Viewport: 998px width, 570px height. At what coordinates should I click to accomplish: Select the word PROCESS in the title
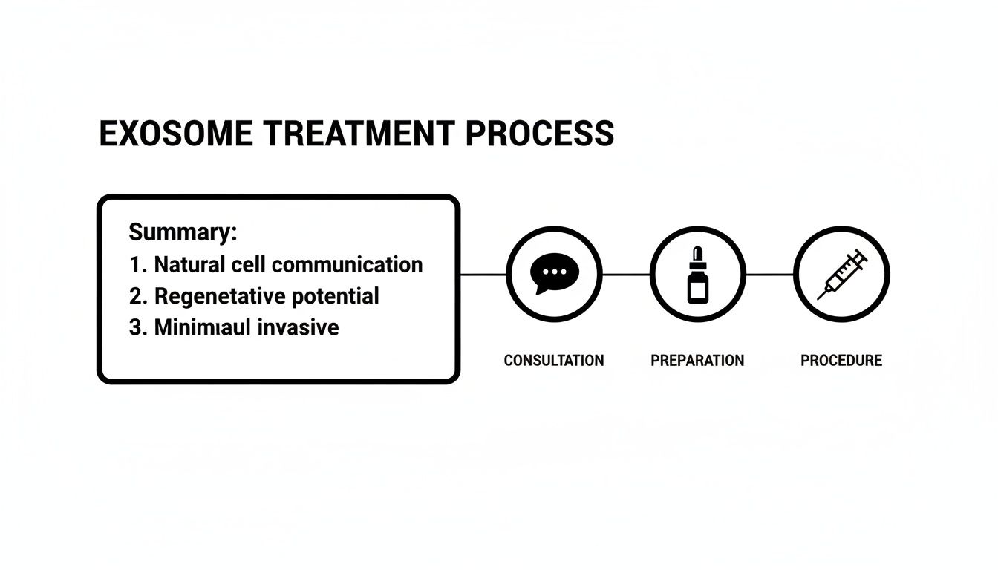(540, 134)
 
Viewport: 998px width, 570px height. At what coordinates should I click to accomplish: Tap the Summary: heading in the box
(183, 232)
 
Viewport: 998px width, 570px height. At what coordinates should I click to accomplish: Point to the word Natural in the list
(197, 264)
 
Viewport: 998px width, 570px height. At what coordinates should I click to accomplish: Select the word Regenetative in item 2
(215, 297)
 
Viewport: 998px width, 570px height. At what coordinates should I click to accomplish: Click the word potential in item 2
(331, 297)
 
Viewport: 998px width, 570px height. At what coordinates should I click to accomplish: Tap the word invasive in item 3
(298, 328)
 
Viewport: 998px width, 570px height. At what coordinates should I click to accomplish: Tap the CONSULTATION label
(553, 361)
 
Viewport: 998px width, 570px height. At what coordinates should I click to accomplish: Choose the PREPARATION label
(697, 361)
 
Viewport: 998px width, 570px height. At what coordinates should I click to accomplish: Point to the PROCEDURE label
(841, 361)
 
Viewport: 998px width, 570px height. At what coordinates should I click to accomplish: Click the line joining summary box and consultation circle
(483, 275)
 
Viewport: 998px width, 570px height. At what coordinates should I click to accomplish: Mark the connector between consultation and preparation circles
(625, 275)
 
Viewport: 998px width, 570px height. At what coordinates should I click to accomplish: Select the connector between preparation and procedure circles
(769, 275)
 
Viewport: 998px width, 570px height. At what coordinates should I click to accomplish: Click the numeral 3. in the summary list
(137, 328)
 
